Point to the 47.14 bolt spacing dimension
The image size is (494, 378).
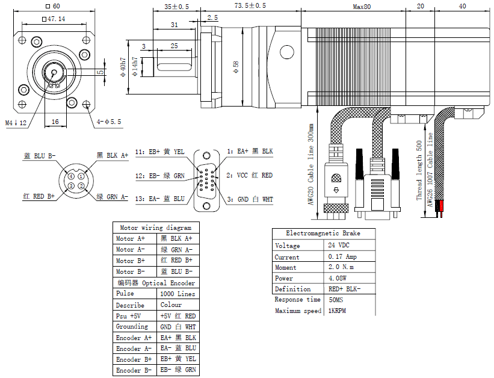pyautogui.click(x=54, y=19)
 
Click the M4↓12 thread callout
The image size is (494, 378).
pyautogui.click(x=16, y=123)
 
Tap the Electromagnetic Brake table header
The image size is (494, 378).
pyautogui.click(x=324, y=234)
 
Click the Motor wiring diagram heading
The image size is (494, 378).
pyautogui.click(x=156, y=228)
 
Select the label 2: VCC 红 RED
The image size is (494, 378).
pyautogui.click(x=250, y=175)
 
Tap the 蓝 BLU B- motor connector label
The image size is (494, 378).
pyautogui.click(x=39, y=155)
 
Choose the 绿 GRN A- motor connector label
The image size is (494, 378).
pyautogui.click(x=113, y=197)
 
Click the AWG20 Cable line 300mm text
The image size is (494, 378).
pyautogui.click(x=311, y=164)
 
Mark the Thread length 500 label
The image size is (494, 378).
pyautogui.click(x=419, y=170)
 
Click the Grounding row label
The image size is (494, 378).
pyautogui.click(x=132, y=327)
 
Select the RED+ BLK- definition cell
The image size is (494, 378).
pyautogui.click(x=344, y=289)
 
